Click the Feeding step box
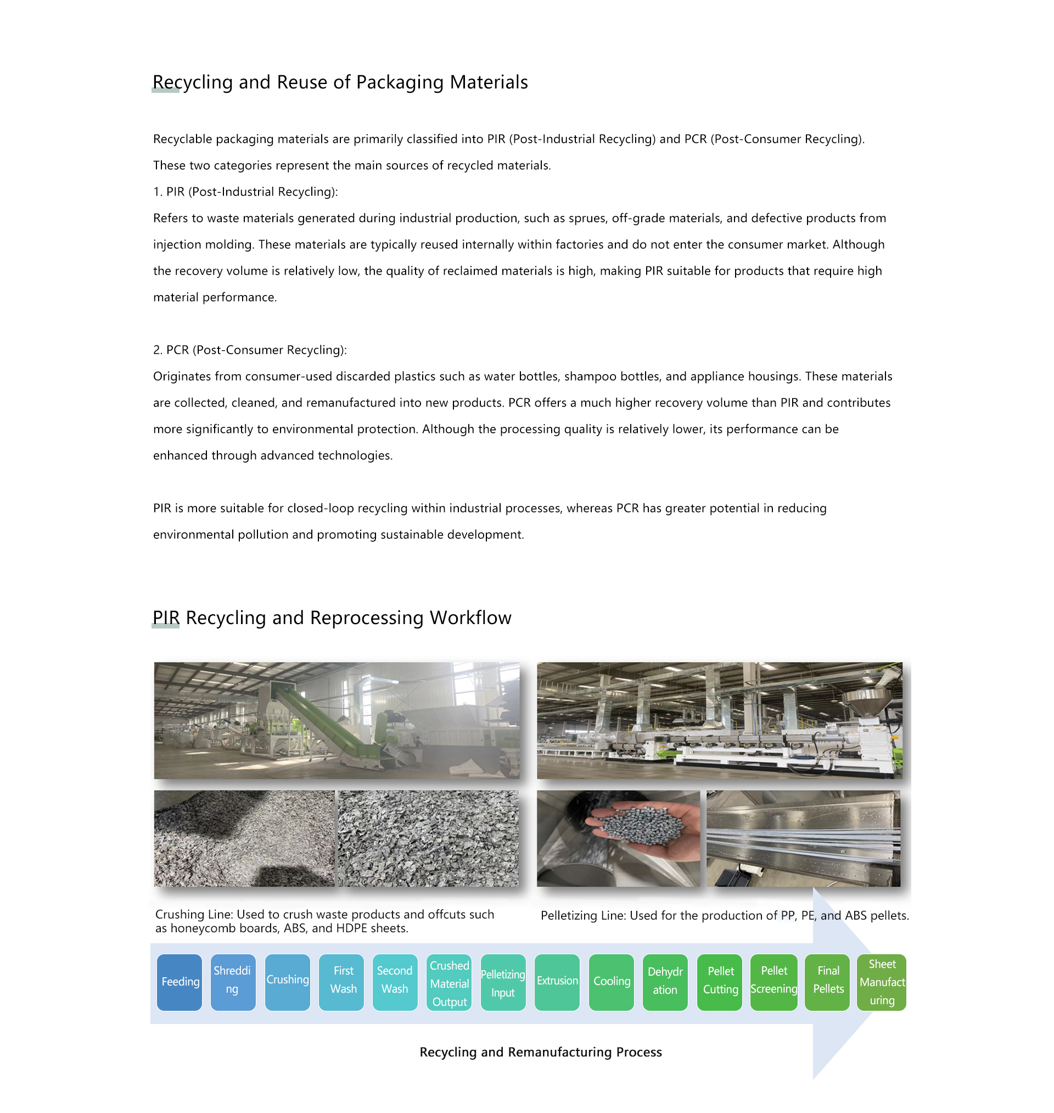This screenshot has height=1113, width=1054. [x=180, y=982]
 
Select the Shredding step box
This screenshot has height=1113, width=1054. [x=233, y=982]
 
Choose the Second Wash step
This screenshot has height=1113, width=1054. [x=395, y=982]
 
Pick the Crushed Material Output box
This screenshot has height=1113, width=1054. [x=449, y=982]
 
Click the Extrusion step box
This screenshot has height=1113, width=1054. [x=557, y=982]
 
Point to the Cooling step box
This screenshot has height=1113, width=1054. [x=612, y=982]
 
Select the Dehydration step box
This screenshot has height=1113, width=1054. [x=665, y=982]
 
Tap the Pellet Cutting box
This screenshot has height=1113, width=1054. [x=720, y=982]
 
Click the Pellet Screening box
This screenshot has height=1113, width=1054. [x=773, y=982]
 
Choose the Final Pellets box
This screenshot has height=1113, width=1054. [x=828, y=982]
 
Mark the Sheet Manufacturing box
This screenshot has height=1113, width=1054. [x=882, y=982]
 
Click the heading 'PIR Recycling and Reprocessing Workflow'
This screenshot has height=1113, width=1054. [x=332, y=618]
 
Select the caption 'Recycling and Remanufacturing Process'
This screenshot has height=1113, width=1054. [x=541, y=1051]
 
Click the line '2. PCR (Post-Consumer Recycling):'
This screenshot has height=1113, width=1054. [x=250, y=350]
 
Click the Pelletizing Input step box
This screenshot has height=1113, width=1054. [x=503, y=982]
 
